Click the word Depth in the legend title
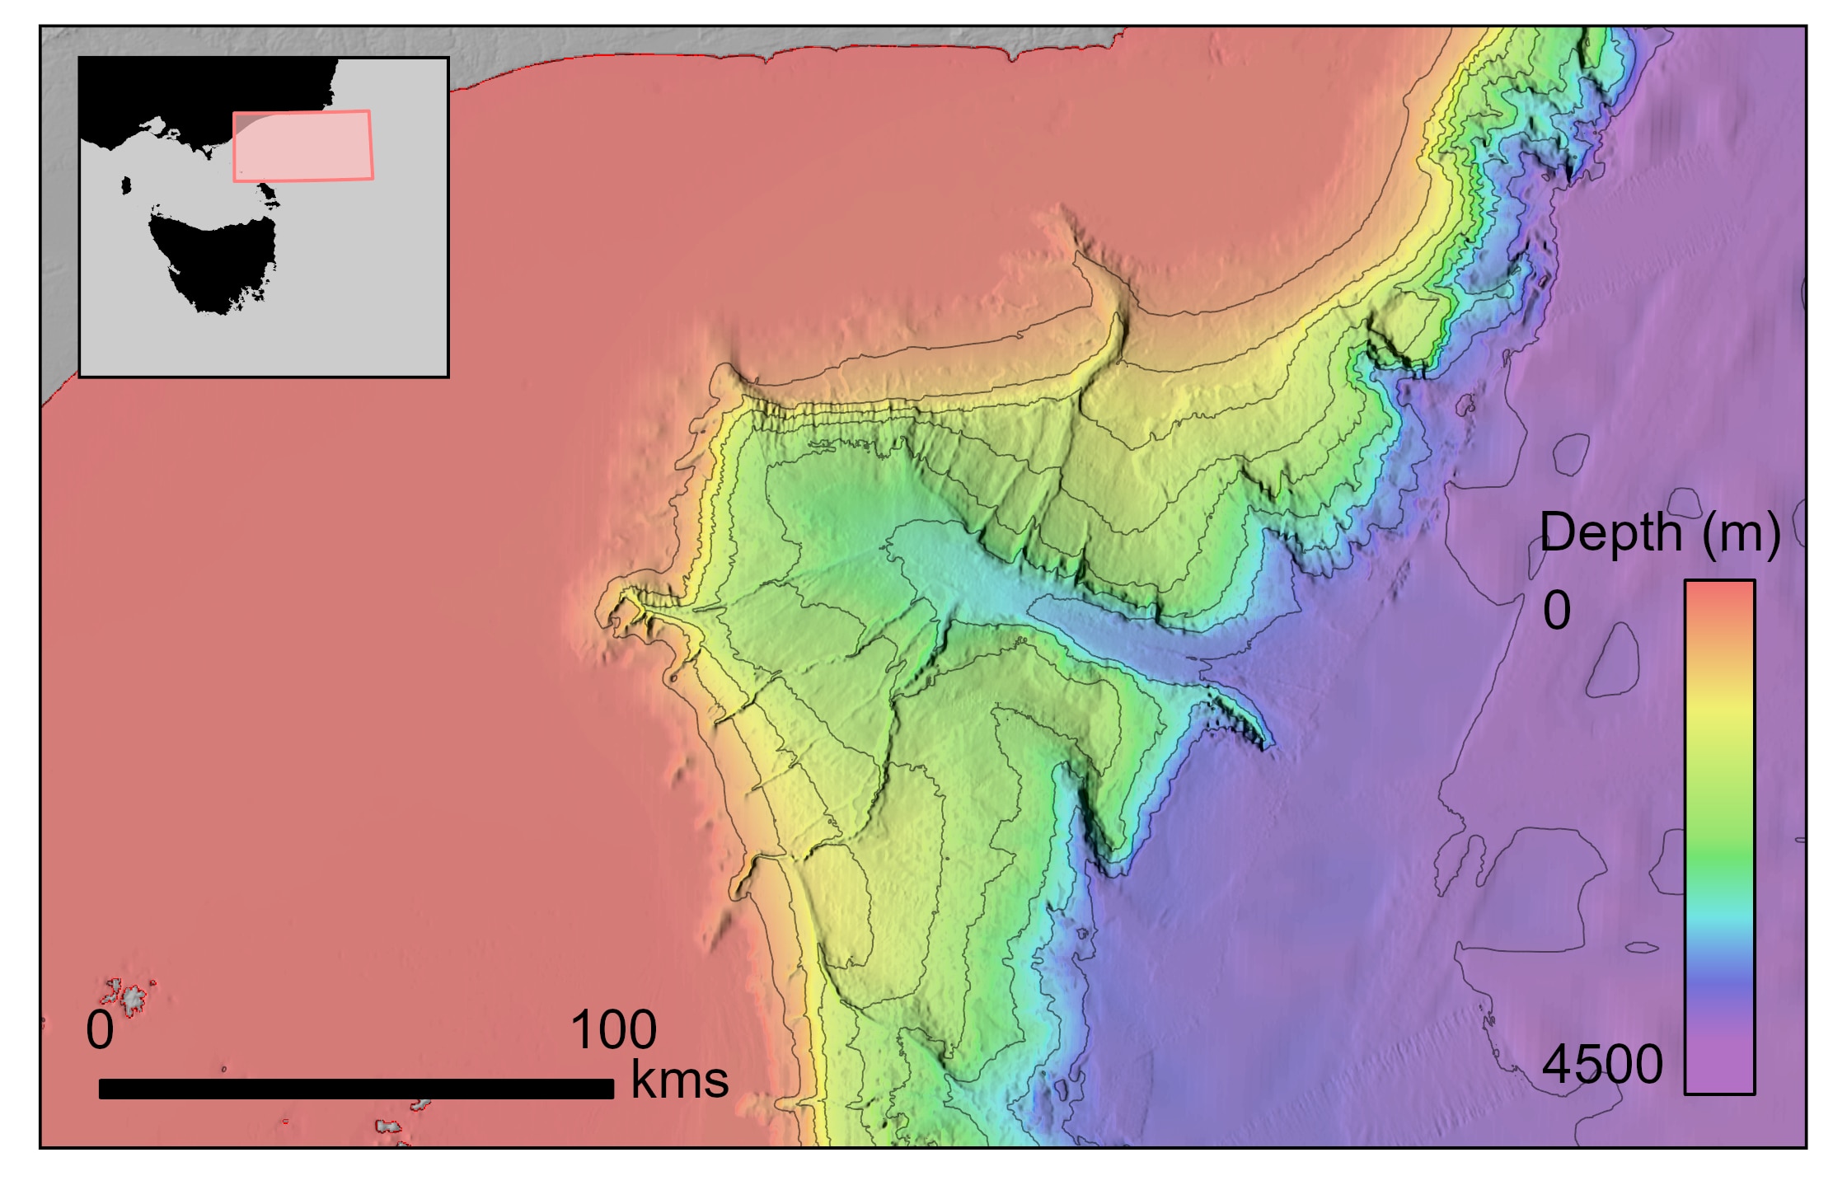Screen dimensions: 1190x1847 point(1610,533)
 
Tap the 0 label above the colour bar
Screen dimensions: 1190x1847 point(1556,611)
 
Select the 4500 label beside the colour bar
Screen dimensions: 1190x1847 point(1601,1064)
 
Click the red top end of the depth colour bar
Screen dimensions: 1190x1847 point(1718,597)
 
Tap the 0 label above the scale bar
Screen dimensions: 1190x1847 point(100,1030)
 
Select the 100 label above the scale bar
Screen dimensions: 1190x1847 point(613,1030)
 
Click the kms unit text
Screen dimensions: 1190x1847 point(679,1080)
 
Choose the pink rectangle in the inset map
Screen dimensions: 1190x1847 point(302,146)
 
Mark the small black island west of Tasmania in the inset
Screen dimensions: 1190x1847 point(126,185)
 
